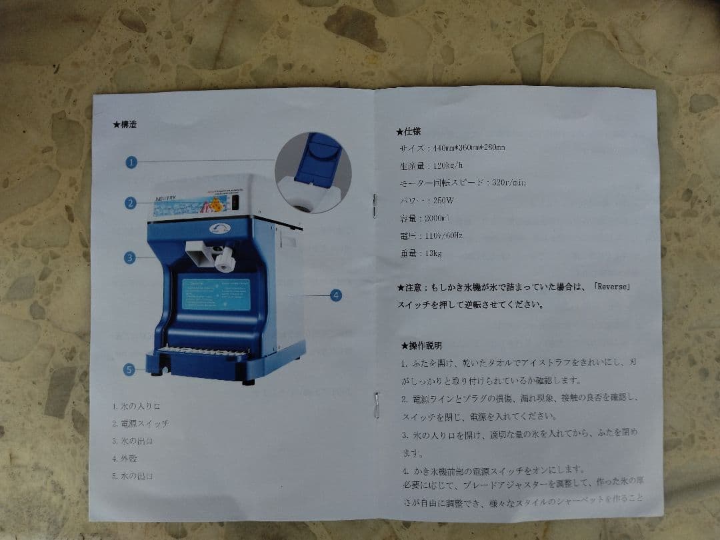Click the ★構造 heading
125,124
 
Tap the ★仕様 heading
408,131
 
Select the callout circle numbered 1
131,162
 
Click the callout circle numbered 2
131,203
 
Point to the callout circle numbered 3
129,257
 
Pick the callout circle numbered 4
336,295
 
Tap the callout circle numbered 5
129,369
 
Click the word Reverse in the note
611,287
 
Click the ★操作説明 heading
421,345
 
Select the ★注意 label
409,287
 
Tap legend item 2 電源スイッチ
141,423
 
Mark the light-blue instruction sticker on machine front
216,294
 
